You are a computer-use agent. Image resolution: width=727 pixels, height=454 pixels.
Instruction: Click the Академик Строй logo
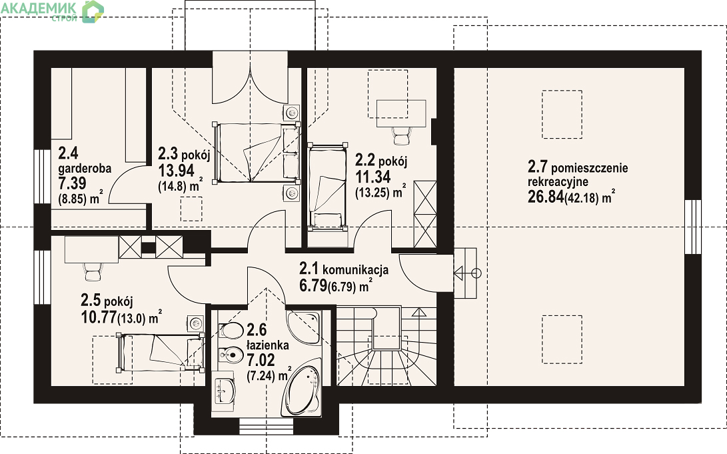point(52,11)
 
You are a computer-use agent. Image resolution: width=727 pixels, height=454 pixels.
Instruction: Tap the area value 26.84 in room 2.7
point(545,197)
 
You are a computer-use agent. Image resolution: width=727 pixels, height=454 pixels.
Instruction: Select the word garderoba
point(85,168)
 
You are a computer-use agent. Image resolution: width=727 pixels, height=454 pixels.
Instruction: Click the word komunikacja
point(355,269)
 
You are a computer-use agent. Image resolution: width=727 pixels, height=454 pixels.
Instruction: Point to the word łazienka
point(267,345)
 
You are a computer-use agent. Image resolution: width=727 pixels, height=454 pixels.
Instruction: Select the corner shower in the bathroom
point(303,327)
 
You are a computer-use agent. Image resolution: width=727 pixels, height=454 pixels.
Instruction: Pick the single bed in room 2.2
point(327,187)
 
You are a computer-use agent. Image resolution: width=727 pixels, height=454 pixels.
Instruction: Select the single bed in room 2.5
point(160,353)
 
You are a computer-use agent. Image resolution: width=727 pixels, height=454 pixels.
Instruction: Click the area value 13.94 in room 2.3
point(176,170)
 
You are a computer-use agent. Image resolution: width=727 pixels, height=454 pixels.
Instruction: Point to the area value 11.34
point(372,177)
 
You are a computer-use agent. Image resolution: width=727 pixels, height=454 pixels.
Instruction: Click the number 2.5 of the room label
point(91,300)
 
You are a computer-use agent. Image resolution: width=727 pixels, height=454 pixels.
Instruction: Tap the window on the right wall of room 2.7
point(693,226)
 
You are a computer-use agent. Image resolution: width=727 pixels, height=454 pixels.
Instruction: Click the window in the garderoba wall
point(42,177)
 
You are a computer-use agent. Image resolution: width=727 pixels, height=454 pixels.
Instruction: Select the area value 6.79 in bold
point(313,285)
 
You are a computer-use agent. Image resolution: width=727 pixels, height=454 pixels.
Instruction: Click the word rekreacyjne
point(558,182)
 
